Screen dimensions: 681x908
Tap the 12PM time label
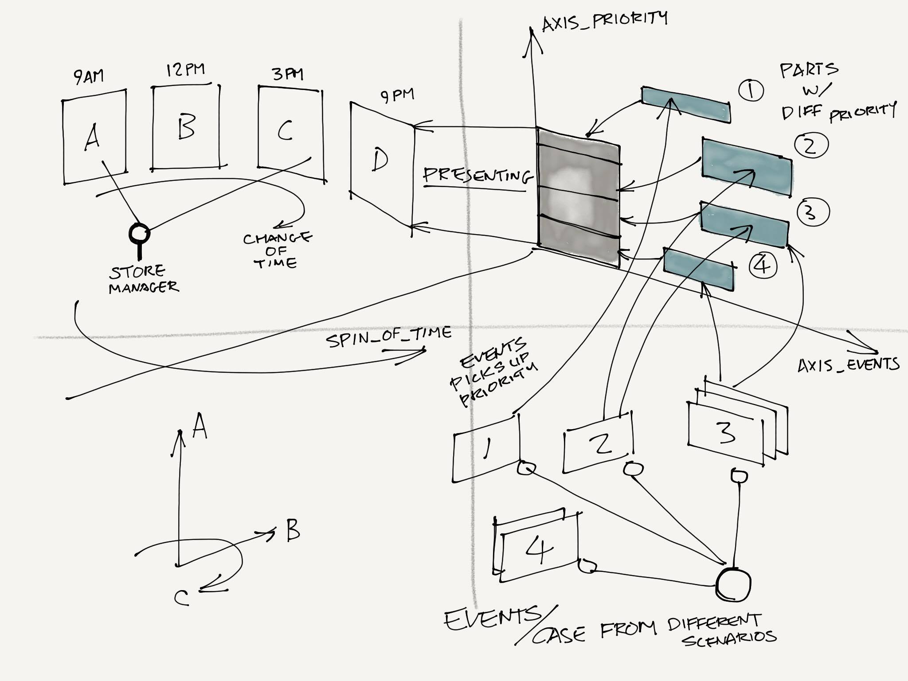tap(185, 70)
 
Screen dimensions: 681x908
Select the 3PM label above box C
tap(288, 74)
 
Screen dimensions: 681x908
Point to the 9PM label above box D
tap(397, 95)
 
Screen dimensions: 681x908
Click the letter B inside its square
tap(186, 127)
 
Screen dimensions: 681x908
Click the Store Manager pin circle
tap(139, 232)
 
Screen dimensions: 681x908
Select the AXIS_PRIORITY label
tap(605, 20)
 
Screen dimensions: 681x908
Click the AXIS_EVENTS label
tap(848, 364)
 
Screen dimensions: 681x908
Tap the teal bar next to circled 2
tap(747, 167)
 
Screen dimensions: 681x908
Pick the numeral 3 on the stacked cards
tap(725, 432)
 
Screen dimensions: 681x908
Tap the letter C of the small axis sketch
tap(181, 598)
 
